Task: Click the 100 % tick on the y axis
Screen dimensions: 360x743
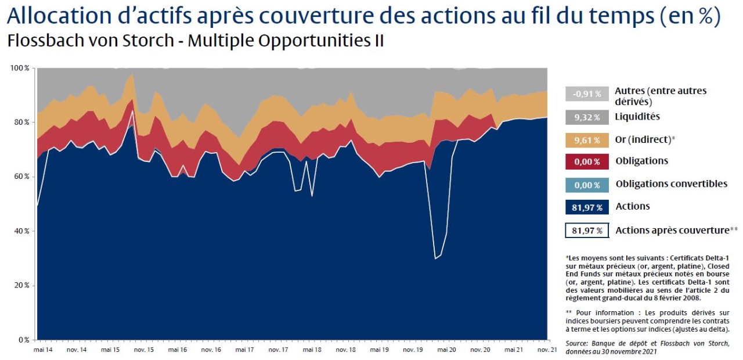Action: [21, 68]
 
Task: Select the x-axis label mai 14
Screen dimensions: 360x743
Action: [43, 350]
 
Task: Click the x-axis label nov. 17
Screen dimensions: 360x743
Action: [278, 350]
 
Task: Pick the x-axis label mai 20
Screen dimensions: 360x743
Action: [446, 350]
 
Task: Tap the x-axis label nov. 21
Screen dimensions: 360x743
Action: [546, 350]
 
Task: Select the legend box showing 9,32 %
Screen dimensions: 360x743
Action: [586, 117]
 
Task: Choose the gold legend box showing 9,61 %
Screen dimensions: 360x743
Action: [586, 139]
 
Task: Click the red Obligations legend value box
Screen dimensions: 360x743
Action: [586, 161]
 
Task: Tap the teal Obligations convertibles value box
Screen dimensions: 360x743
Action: [586, 185]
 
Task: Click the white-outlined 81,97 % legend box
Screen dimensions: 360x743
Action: [586, 231]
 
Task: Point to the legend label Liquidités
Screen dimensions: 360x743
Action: [637, 117]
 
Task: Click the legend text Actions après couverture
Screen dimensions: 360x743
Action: [676, 231]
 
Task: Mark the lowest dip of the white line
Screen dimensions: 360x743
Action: [435, 258]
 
